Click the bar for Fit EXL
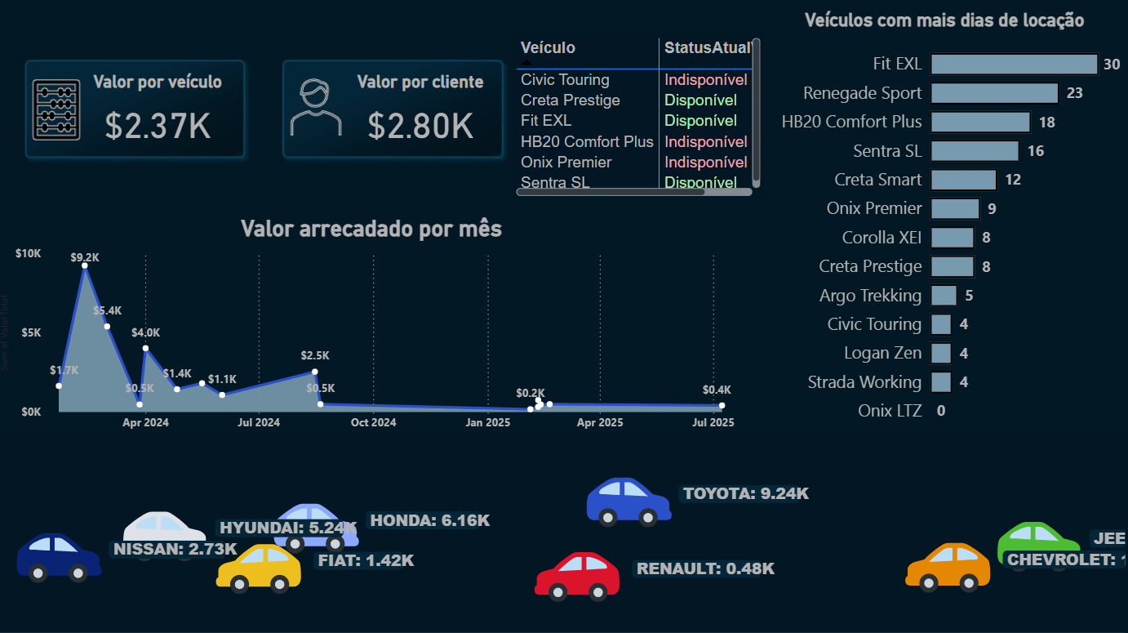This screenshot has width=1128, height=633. pos(1014,65)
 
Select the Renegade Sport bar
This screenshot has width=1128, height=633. pos(994,93)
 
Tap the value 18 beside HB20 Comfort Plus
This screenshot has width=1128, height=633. pos(1047,123)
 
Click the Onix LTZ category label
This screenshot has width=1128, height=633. pos(890,411)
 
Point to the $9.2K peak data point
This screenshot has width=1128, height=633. pos(85,265)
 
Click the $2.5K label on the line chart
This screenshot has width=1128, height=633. pos(315,355)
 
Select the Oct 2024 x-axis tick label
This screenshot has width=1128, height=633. pos(373,422)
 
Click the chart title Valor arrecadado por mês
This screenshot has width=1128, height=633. pos(371,229)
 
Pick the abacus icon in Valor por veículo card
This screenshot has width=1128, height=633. pos(56,109)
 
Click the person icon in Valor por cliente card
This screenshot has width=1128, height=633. pos(316,108)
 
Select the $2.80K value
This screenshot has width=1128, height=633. pos(420,126)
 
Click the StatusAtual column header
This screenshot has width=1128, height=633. pos(707,48)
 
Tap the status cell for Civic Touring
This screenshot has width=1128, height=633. pos(705,80)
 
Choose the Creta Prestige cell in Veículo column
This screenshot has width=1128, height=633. pos(571,100)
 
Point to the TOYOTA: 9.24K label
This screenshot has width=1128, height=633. pos(746,493)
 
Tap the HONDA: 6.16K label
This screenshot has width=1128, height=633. pos(429,520)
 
